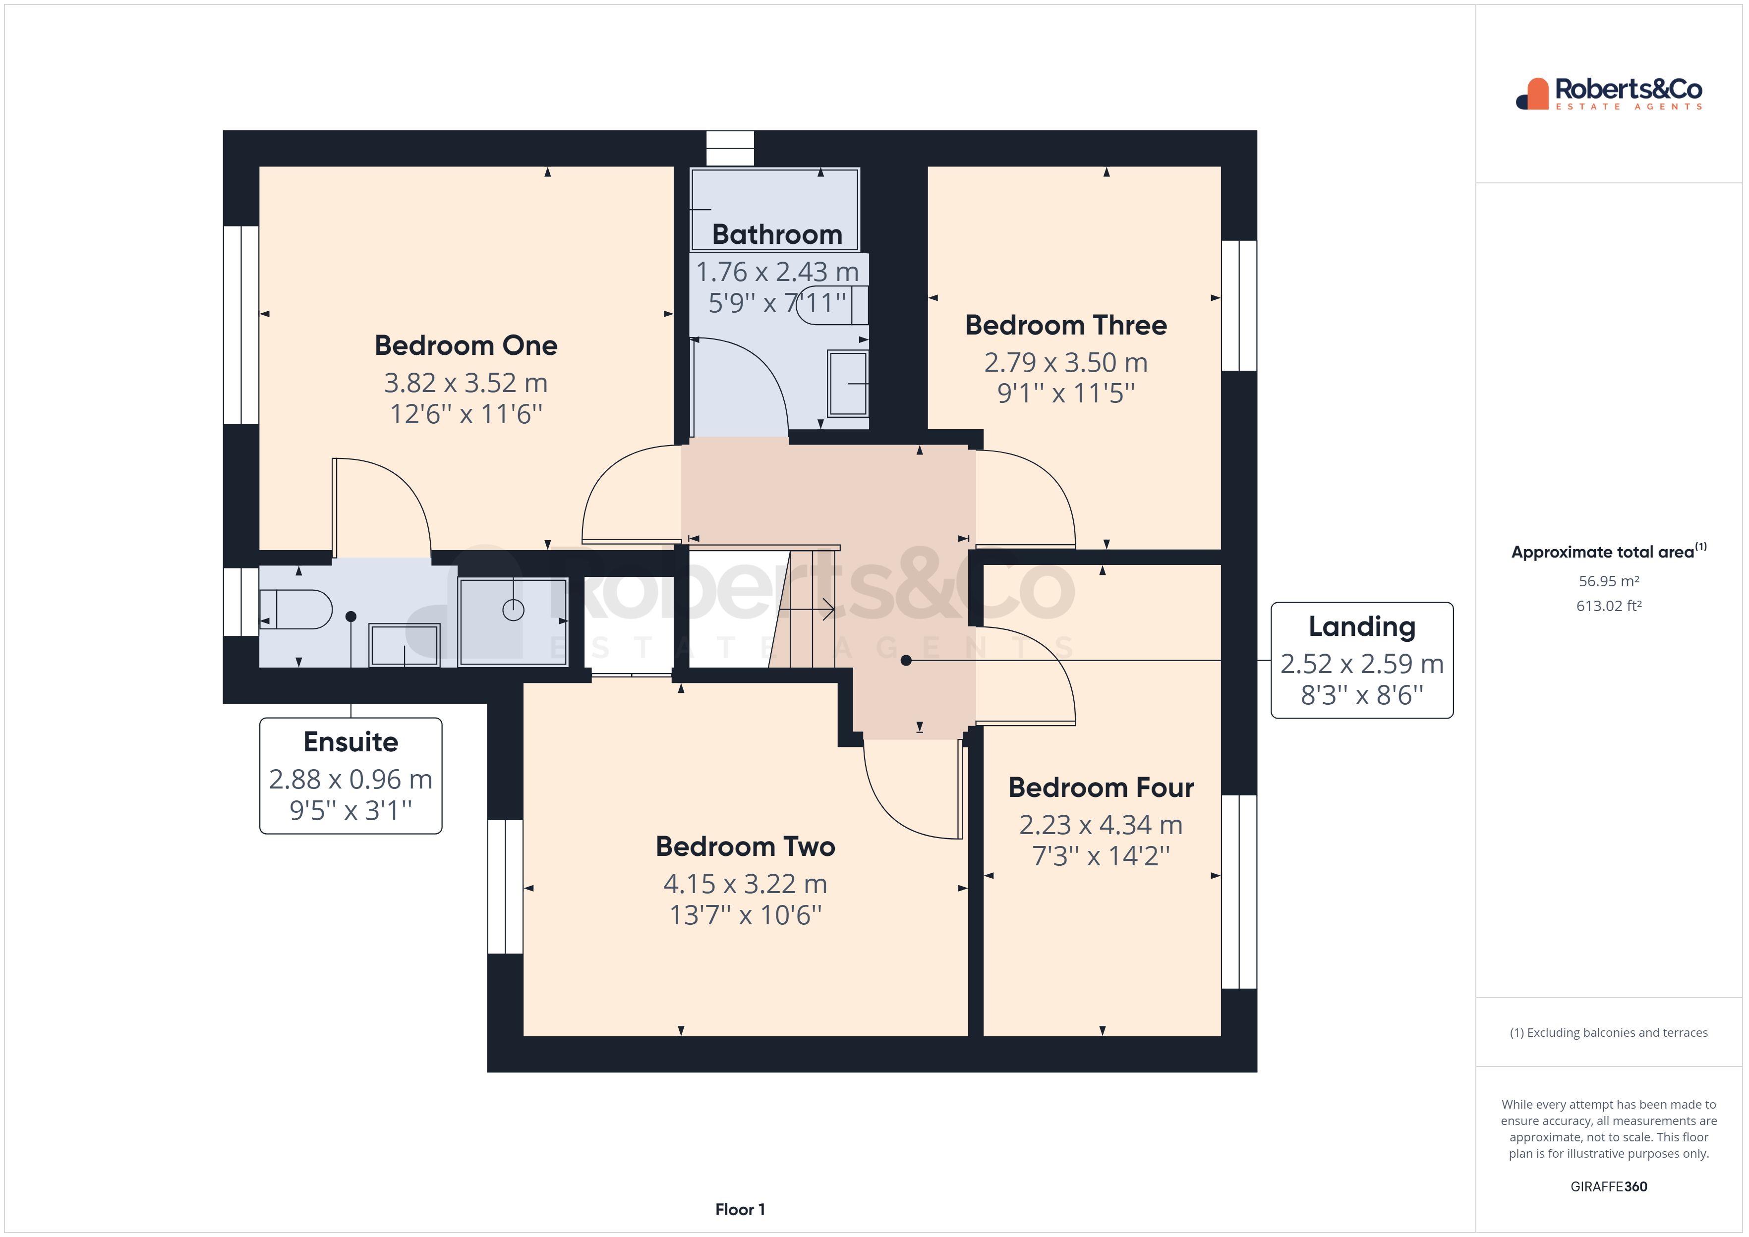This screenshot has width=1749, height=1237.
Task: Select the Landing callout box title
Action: tap(1361, 626)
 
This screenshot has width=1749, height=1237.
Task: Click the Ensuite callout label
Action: tap(350, 741)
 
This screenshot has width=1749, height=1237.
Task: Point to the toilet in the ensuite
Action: tap(297, 610)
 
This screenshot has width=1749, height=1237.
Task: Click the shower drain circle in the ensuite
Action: tap(514, 610)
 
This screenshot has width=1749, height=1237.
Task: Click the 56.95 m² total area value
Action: tap(1608, 581)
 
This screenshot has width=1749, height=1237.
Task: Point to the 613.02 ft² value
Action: tap(1608, 606)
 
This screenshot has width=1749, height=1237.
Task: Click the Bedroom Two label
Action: tap(745, 846)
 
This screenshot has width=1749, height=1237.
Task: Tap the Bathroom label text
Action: tap(776, 234)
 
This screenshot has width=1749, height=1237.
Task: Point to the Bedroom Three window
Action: tap(1238, 305)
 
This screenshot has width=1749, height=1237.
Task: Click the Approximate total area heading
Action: tap(1608, 552)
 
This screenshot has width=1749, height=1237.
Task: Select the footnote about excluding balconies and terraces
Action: tap(1608, 1033)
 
